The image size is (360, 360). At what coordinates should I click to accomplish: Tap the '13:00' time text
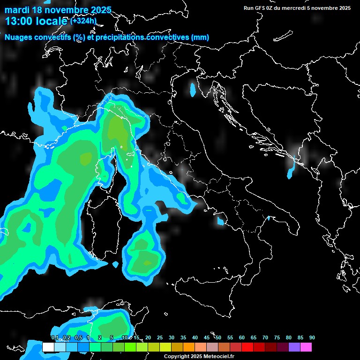point(19,21)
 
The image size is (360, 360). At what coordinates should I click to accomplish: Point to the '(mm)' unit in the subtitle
point(200,37)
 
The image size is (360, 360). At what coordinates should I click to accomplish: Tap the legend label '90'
point(312,338)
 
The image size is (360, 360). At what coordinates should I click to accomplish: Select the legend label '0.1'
point(54,338)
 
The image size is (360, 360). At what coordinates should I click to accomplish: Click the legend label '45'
point(207,338)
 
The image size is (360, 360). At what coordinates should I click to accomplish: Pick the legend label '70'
point(265,338)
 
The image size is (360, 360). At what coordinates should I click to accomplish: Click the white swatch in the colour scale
point(48,347)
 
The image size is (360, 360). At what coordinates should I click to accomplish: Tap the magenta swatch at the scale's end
point(306,347)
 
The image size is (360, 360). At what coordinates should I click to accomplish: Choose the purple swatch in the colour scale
point(294,347)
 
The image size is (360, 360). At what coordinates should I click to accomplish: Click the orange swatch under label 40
point(189,347)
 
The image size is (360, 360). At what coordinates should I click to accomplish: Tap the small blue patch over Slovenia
point(193,90)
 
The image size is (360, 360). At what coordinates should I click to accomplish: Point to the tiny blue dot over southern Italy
point(269,218)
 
